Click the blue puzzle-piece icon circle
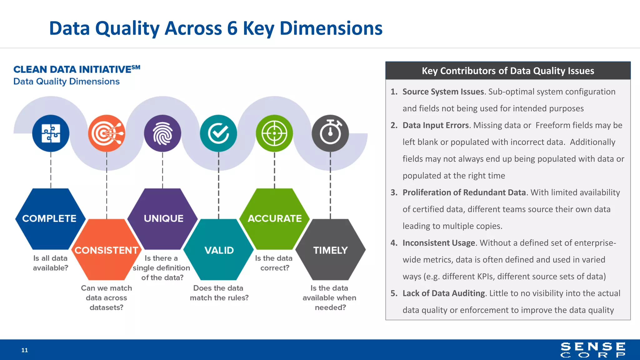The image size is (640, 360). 51,133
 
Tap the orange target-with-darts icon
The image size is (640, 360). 107,133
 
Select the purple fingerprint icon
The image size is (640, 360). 162,133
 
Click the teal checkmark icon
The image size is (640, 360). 218,133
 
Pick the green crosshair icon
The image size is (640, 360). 274,133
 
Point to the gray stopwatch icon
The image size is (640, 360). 330,133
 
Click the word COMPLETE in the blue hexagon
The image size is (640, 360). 49,218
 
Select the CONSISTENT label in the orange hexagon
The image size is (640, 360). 106,250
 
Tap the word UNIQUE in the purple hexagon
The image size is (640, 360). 163,218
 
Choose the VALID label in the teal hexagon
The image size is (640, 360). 219,250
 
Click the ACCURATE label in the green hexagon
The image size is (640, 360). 275,218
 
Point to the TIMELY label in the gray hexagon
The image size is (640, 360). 330,250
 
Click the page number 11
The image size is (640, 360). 25,350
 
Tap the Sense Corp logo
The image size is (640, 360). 593,350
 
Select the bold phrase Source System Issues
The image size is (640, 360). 443,92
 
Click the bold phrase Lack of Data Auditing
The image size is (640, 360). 444,293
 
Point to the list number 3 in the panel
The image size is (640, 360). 393,192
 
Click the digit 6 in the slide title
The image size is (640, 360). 232,28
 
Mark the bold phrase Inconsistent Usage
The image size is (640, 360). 439,243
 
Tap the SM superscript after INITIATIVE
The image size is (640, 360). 136,67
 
